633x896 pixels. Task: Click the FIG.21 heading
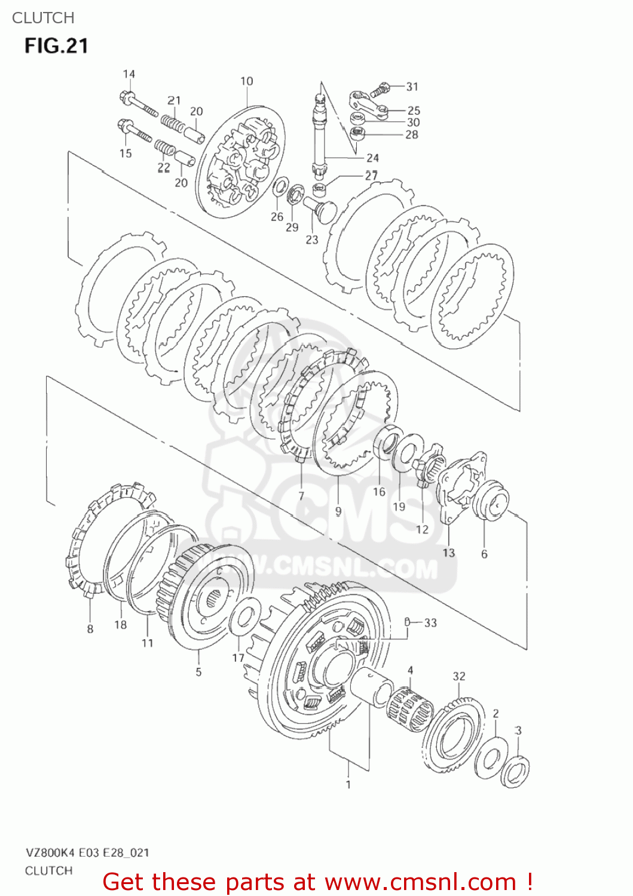click(x=56, y=46)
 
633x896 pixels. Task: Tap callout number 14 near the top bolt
click(x=129, y=74)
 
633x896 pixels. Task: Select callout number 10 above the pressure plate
click(x=247, y=81)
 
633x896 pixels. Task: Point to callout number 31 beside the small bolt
click(x=412, y=87)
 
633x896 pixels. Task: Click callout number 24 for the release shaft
click(x=372, y=158)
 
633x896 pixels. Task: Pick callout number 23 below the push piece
click(x=312, y=240)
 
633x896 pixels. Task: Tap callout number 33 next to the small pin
click(x=430, y=623)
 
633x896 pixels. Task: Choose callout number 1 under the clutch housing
click(x=348, y=784)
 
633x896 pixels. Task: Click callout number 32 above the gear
click(x=458, y=676)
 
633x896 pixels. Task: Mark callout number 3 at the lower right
click(x=518, y=730)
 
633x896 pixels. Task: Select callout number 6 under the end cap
click(x=484, y=554)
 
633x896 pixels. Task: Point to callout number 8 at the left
click(x=90, y=628)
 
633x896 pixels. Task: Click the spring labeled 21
click(x=173, y=123)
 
